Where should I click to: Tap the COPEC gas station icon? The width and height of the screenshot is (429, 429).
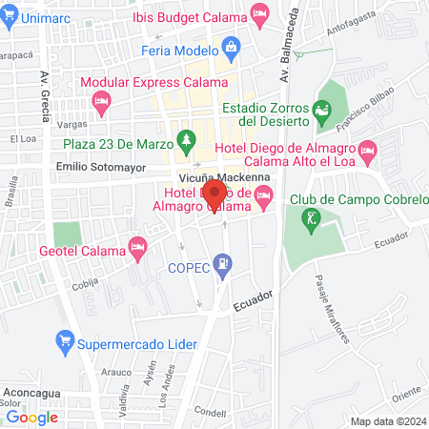point(223,262)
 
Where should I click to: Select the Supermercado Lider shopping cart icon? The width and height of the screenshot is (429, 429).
point(66,340)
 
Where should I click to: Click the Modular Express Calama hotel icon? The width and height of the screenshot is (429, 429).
point(103,99)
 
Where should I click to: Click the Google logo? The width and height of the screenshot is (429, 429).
point(31,417)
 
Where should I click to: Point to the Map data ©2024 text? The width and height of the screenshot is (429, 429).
point(387,420)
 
